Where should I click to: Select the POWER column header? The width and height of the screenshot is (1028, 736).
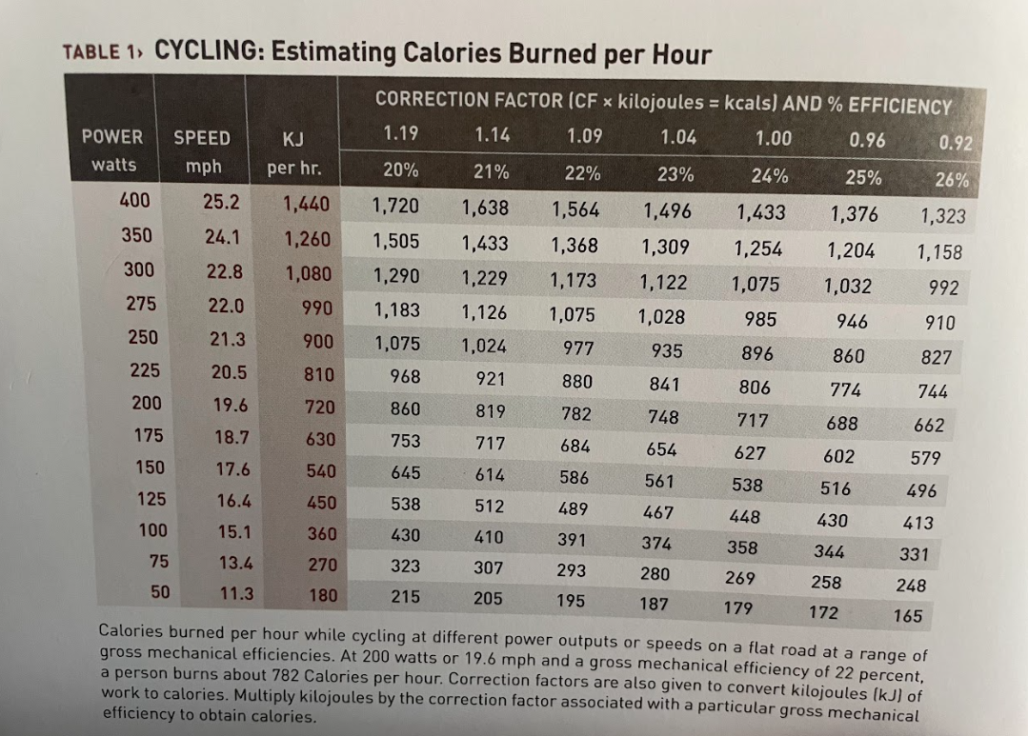[x=112, y=136]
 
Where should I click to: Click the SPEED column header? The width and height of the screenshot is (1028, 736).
[x=202, y=138]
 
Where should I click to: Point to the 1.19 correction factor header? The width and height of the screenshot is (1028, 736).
[x=400, y=133]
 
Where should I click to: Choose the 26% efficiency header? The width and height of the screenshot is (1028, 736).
[x=952, y=179]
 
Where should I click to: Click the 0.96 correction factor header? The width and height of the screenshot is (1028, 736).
[x=867, y=140]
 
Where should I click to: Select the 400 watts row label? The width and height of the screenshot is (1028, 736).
[x=134, y=200]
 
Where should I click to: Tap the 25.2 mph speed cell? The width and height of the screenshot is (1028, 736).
[x=221, y=202]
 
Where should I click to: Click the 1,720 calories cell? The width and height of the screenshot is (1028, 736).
[x=395, y=206]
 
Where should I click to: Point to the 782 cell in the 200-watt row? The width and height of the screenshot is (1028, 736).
[x=576, y=413]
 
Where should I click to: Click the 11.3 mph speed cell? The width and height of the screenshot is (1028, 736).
[x=236, y=593]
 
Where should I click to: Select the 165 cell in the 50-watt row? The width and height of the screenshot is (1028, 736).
[x=908, y=615]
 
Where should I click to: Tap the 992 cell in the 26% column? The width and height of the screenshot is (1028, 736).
[x=943, y=288]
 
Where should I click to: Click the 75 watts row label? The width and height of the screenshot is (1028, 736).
[x=159, y=561]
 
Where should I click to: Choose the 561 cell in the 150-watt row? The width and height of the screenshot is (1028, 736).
[x=659, y=481]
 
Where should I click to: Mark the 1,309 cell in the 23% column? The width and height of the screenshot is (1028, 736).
[x=665, y=247]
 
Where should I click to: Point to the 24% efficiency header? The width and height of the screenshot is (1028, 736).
[x=770, y=175]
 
